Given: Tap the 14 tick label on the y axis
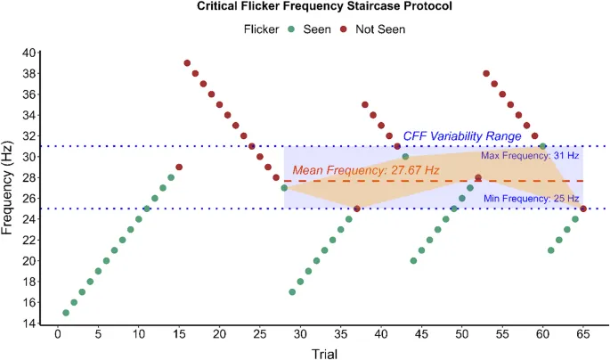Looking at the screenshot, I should (x=30, y=323).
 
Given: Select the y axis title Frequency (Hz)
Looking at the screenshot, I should (x=9, y=188).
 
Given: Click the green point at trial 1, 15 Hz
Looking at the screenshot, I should (x=66, y=313).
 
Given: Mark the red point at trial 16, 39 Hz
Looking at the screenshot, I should (x=187, y=63).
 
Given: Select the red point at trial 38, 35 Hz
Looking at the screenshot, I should (x=365, y=105).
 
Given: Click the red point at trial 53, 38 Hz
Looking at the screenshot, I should (x=486, y=74).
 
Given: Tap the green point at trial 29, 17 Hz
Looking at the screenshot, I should (x=292, y=291).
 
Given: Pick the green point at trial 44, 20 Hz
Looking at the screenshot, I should (x=413, y=260).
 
